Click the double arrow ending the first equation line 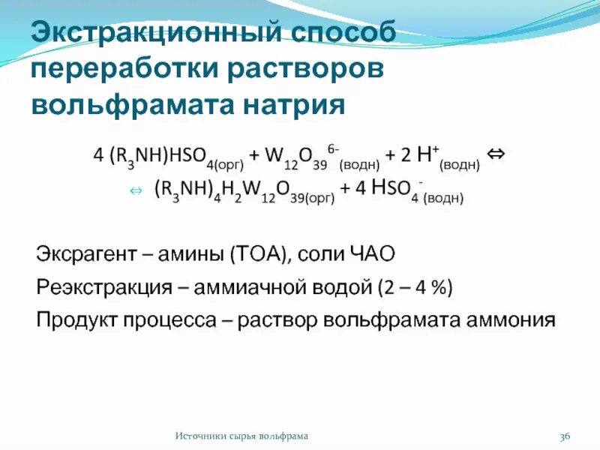point(495,154)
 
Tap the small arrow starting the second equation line point(136,192)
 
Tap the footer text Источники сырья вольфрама point(241,436)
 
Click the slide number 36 point(565,436)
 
